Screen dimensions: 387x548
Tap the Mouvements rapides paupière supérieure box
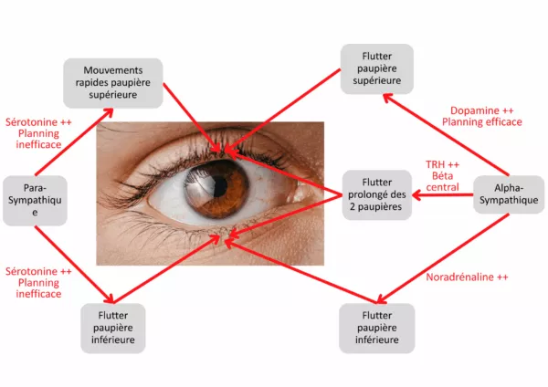[113, 83]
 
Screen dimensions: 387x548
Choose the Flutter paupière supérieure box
[376, 67]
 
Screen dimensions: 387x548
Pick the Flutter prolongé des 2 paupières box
[376, 193]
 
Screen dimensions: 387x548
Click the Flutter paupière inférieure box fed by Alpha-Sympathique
[376, 329]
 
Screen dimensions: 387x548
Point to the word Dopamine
[474, 109]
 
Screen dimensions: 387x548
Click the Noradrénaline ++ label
[467, 277]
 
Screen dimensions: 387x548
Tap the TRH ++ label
[442, 165]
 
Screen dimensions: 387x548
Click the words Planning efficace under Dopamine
[481, 121]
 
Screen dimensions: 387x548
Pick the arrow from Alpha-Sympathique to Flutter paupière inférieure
[438, 256]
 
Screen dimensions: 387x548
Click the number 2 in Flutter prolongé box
[356, 206]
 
